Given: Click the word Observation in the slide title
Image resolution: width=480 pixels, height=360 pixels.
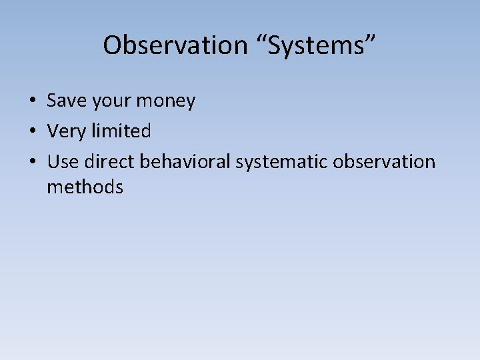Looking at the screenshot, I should (175, 45).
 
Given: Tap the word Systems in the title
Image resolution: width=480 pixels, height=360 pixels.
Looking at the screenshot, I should (313, 45).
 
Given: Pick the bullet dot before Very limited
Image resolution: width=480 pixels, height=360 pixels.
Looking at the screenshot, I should (32, 131).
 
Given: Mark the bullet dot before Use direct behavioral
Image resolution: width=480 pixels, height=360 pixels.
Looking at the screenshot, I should (32, 162).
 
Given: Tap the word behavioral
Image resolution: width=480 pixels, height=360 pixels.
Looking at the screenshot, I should (185, 161).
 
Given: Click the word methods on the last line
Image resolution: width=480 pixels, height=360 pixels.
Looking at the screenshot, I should (85, 187).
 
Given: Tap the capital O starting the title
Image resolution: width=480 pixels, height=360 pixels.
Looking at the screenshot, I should (112, 45).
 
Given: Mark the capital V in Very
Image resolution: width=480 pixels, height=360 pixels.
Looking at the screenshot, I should (53, 131).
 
